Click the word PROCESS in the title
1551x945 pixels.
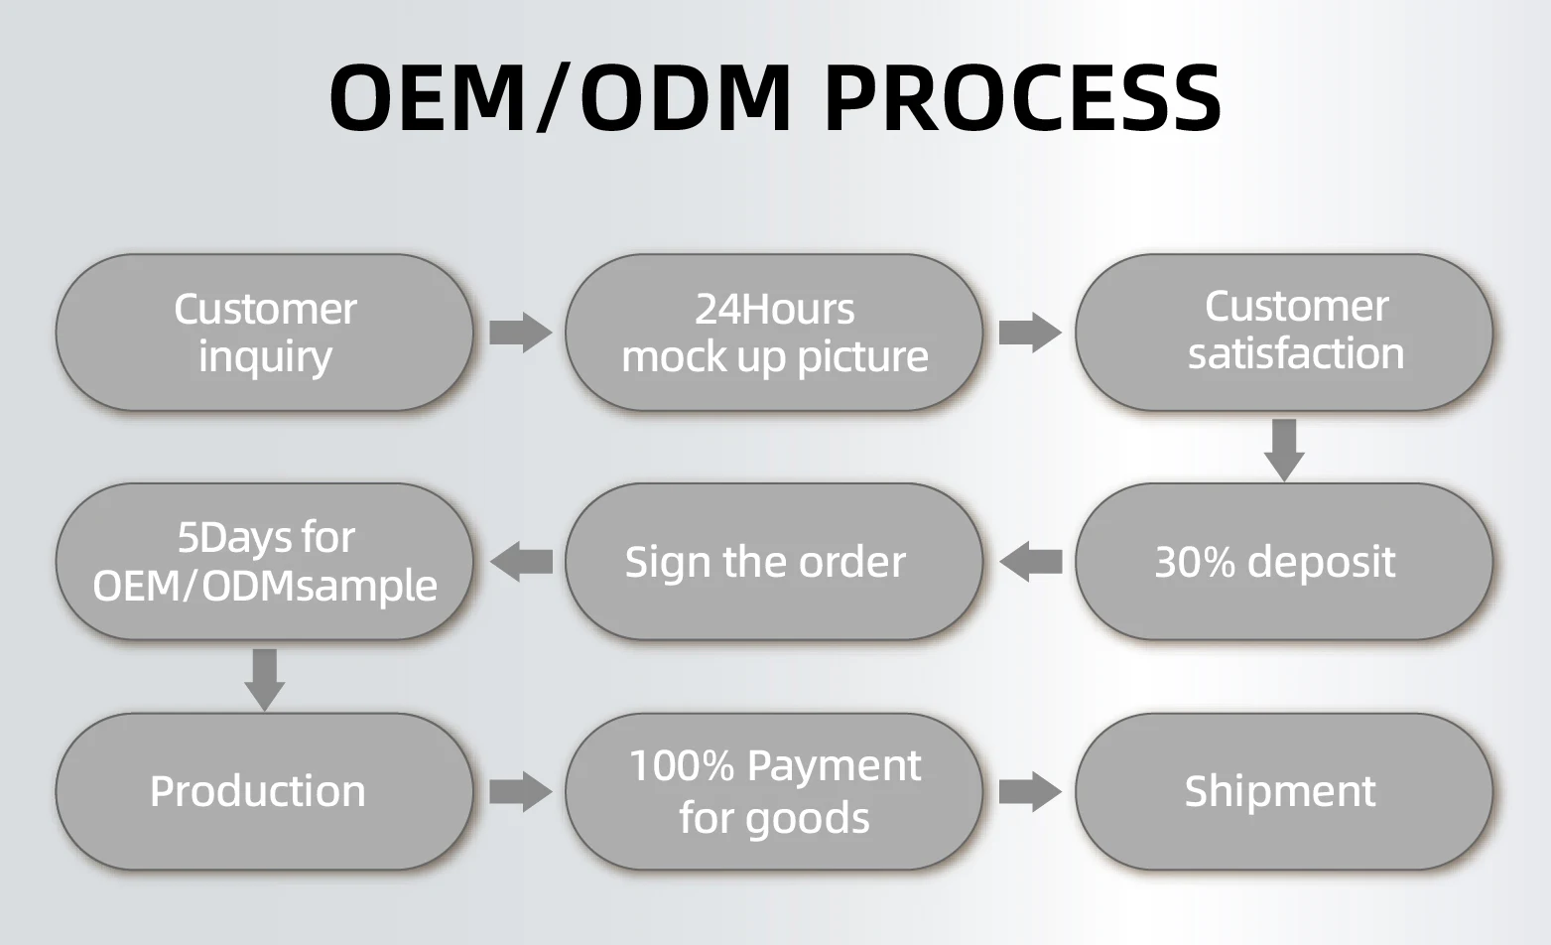pyautogui.click(x=1022, y=97)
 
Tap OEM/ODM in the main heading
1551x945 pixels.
pyautogui.click(x=561, y=97)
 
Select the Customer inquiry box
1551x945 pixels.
pyautogui.click(x=264, y=333)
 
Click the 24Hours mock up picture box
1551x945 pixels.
pyautogui.click(x=774, y=333)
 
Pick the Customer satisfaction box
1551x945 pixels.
pyautogui.click(x=1284, y=333)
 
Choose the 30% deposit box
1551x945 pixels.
pyautogui.click(x=1284, y=562)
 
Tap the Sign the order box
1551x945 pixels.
pyautogui.click(x=774, y=562)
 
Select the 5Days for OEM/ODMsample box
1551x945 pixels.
pyautogui.click(x=264, y=562)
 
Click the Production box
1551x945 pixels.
pyautogui.click(x=264, y=791)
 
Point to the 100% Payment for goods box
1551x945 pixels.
pyautogui.click(x=774, y=791)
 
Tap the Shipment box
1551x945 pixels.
pyautogui.click(x=1284, y=791)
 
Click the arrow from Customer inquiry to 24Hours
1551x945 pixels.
pyautogui.click(x=520, y=333)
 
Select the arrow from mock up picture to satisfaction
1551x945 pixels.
pyautogui.click(x=1030, y=333)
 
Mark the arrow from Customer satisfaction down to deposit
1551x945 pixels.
pyautogui.click(x=1284, y=449)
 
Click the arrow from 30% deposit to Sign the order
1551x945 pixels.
pyautogui.click(x=1030, y=562)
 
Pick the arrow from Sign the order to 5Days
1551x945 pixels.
pyautogui.click(x=520, y=562)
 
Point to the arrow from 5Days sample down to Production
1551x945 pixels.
pyautogui.click(x=264, y=679)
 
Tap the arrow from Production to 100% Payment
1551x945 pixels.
pyautogui.click(x=520, y=791)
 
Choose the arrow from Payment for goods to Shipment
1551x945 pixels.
pyautogui.click(x=1030, y=791)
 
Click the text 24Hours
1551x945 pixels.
pyautogui.click(x=774, y=309)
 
